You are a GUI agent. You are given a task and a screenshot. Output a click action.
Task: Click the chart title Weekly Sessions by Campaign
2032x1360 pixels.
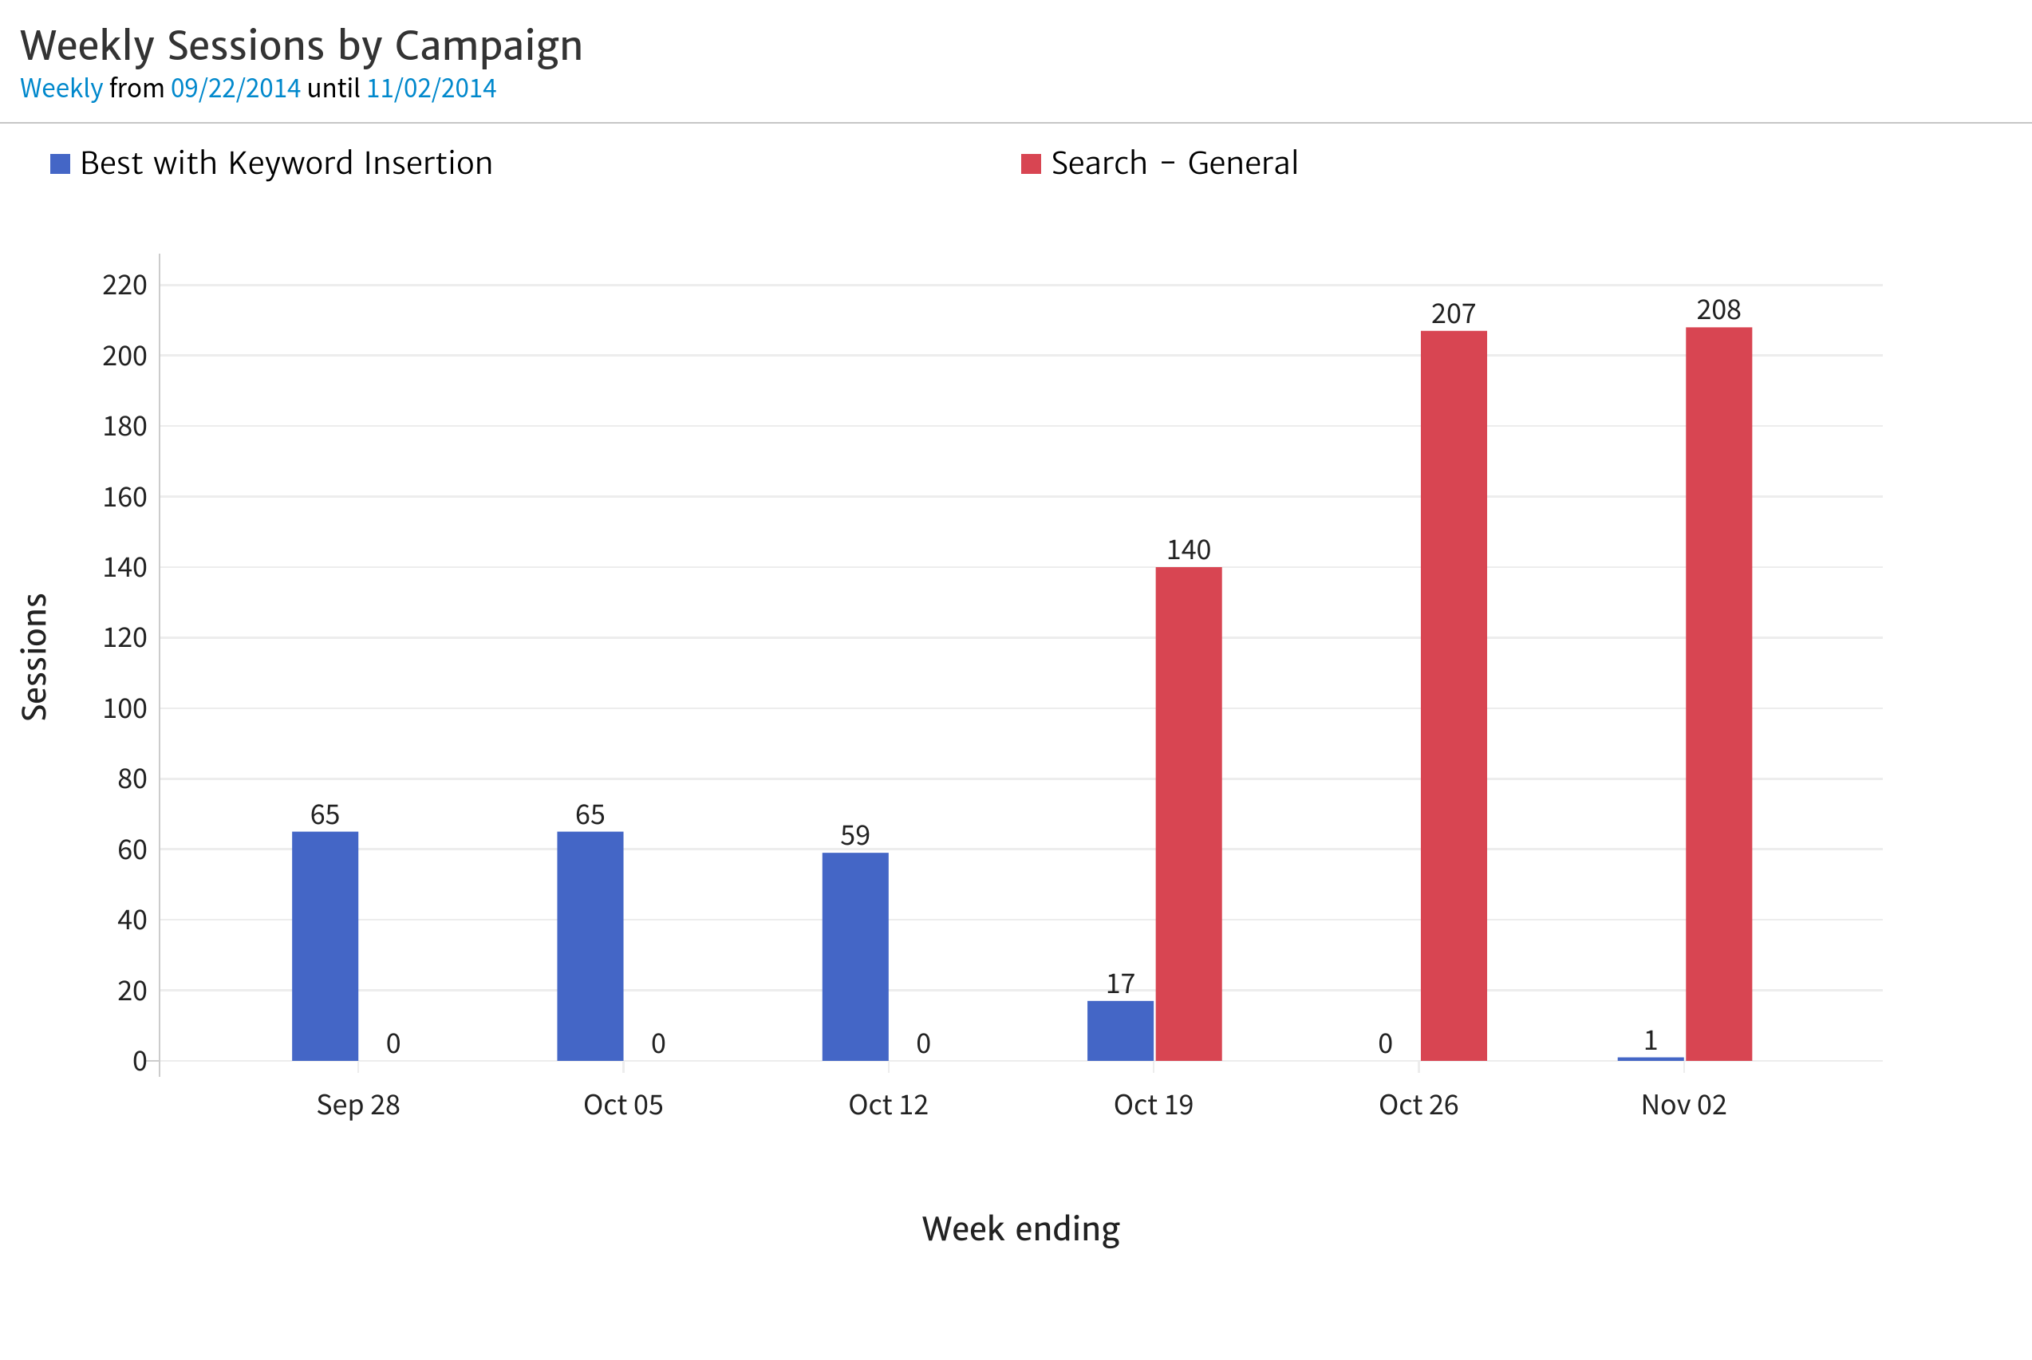[301, 46]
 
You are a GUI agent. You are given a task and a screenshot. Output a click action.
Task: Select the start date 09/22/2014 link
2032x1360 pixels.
[235, 89]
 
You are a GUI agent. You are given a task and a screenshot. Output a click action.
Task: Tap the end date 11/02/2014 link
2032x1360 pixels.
[431, 89]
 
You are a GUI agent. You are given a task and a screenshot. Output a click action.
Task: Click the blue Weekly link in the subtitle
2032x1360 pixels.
[61, 89]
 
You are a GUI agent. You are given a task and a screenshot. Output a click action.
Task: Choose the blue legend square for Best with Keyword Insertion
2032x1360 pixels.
[60, 164]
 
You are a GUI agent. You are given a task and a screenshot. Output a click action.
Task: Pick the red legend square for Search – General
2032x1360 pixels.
[1030, 164]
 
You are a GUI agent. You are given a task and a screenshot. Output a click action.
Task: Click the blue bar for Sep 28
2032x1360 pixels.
[326, 945]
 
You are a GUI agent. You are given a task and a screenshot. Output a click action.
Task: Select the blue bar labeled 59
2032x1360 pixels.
[855, 956]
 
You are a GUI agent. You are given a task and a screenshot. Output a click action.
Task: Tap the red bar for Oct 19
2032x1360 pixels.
[1188, 813]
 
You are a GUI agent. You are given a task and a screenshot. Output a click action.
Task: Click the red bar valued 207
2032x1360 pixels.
[1454, 695]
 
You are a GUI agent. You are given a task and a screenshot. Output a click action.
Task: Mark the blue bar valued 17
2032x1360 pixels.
[1120, 1031]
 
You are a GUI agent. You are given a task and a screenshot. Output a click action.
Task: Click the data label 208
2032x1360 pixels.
[1718, 309]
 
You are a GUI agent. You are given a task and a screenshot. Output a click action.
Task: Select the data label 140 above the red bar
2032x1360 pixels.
[1188, 550]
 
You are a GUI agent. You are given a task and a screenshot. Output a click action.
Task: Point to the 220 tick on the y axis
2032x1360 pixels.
[125, 286]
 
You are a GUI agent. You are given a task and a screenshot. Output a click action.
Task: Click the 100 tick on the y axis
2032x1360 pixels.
[125, 708]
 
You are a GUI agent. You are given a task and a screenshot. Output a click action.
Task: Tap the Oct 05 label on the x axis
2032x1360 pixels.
[623, 1105]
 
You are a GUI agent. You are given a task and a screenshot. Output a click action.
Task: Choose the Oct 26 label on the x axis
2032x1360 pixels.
[1418, 1105]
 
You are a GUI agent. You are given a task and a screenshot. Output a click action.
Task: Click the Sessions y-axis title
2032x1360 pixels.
[34, 656]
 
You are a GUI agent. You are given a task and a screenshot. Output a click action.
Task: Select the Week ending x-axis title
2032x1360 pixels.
[1020, 1229]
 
